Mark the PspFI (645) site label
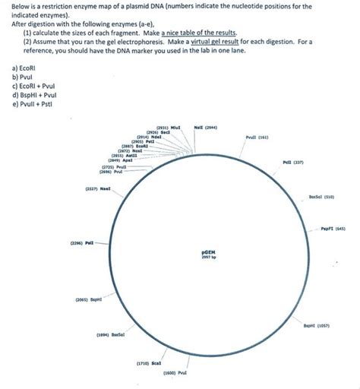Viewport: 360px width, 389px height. click(333, 228)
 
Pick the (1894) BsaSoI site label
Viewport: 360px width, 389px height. click(110, 334)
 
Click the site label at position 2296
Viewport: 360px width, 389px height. click(80, 243)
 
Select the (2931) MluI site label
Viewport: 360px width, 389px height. click(167, 128)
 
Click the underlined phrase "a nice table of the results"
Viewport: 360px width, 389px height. click(197, 33)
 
